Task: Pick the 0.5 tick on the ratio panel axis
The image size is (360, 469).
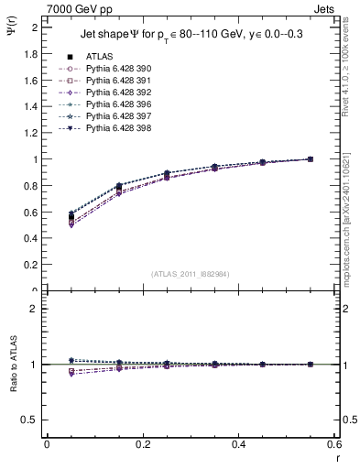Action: pyautogui.click(x=30, y=420)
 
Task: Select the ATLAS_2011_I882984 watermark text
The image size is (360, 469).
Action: pyautogui.click(x=190, y=274)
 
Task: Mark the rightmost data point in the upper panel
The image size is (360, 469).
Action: pyautogui.click(x=310, y=159)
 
